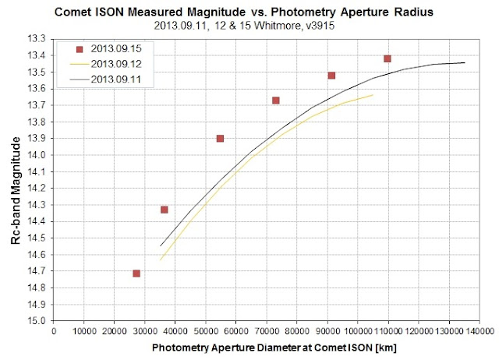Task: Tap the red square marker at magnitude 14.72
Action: tap(136, 274)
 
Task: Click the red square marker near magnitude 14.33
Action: tap(165, 210)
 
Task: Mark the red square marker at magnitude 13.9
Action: tap(220, 138)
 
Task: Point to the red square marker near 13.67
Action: tap(276, 101)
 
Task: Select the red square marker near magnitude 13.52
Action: tap(331, 76)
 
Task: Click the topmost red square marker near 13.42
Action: tap(388, 58)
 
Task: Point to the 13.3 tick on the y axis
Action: tap(37, 39)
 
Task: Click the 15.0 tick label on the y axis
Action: tap(37, 321)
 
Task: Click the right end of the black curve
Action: tap(465, 62)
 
